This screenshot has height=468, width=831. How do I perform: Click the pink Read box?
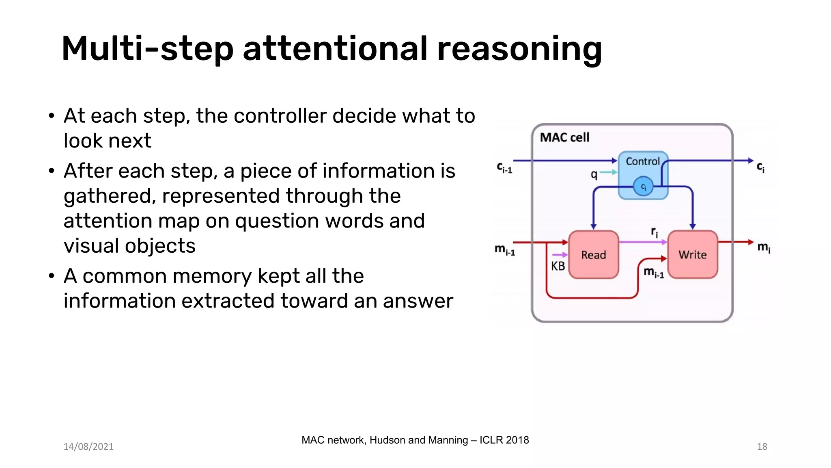593,255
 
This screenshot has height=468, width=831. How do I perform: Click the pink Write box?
692,255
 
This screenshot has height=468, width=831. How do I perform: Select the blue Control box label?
643,162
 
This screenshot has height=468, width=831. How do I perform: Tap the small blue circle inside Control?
643,186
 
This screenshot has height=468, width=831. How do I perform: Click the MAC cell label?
564,138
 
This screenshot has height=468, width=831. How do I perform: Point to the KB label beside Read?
558,266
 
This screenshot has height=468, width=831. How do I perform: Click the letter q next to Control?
594,175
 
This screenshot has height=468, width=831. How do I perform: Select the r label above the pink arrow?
654,232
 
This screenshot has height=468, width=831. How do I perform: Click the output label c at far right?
760,167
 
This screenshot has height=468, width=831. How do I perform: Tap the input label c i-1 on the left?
504,167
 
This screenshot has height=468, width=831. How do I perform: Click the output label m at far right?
764,247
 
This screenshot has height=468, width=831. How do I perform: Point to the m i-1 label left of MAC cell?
504,249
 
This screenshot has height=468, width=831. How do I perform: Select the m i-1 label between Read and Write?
654,272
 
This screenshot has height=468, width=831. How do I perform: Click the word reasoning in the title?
519,50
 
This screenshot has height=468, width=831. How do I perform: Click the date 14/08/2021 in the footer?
88,446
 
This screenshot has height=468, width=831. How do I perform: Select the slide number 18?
762,446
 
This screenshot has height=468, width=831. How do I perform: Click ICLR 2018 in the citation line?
504,440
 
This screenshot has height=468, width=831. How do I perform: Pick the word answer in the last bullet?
418,301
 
